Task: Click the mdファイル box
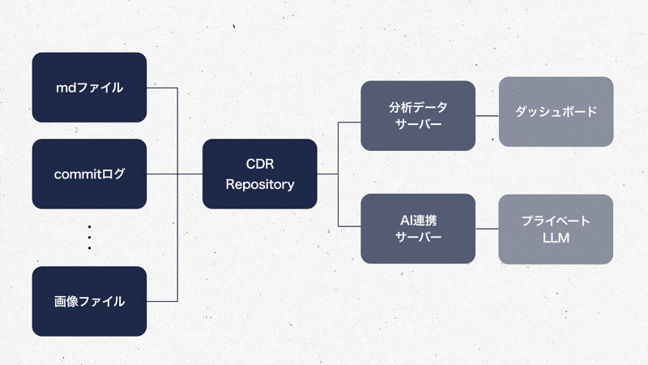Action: pos(89,88)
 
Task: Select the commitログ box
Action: pos(89,174)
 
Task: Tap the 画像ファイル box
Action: pos(89,301)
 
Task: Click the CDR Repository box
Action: pos(259,174)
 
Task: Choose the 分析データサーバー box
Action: pos(417,116)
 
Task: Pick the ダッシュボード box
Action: pos(556,112)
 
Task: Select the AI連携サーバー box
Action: pos(417,229)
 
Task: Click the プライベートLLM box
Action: pos(556,229)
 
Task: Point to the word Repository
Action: pos(259,184)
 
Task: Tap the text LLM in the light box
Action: pos(556,238)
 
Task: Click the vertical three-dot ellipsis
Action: pos(89,237)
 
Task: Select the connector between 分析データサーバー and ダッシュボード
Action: pos(486,116)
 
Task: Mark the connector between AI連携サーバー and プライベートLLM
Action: pos(486,229)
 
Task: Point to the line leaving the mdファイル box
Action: pos(162,88)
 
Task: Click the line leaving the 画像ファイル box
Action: pos(162,301)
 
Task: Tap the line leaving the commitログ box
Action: pos(162,174)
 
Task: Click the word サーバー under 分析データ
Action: pos(417,125)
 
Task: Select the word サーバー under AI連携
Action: pos(417,238)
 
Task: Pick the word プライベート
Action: pos(556,220)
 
